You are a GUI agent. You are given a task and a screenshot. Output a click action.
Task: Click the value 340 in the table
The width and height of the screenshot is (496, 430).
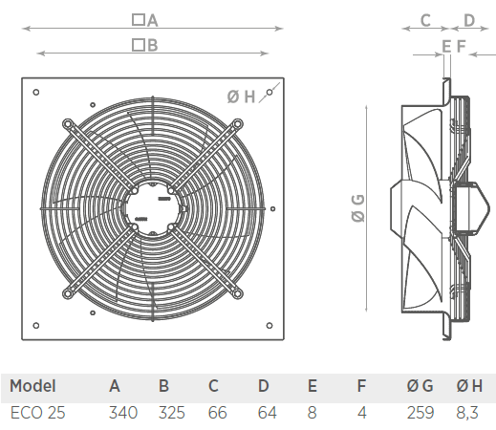tap(123, 413)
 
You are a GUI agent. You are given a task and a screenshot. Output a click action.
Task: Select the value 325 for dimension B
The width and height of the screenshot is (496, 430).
tap(172, 413)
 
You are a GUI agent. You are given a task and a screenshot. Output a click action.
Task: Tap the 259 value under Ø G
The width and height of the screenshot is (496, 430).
tap(421, 413)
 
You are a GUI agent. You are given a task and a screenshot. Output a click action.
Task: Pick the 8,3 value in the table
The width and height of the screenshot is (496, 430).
tap(467, 413)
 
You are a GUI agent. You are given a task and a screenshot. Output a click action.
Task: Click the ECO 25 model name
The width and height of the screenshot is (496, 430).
tap(37, 413)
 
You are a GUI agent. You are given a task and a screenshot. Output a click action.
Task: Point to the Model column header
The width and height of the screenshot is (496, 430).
tap(32, 386)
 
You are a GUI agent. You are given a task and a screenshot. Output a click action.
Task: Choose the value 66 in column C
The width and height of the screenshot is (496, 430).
tap(218, 413)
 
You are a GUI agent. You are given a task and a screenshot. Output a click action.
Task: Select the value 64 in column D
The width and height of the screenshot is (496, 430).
tap(268, 413)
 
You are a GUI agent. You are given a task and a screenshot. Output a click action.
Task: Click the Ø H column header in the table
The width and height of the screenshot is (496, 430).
tap(469, 386)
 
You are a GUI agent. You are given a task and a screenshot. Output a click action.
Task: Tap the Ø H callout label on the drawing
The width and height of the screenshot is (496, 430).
tap(241, 97)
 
